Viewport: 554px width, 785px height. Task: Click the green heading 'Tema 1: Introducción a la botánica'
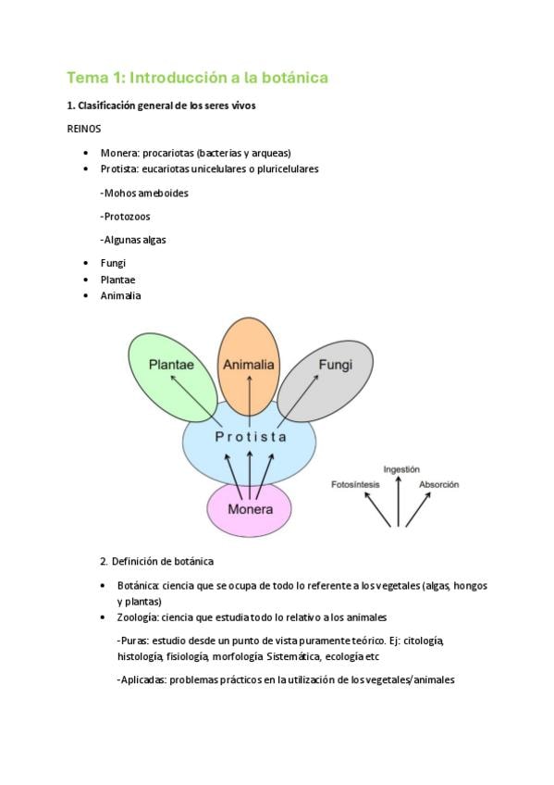[x=198, y=78]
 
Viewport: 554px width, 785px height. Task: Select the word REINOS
[x=84, y=129]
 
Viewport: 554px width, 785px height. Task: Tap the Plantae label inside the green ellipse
[x=171, y=365]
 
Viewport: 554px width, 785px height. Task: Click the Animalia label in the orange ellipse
[x=249, y=365]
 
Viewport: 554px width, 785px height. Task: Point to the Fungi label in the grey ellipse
[x=336, y=365]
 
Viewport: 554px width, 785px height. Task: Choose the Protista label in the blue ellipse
[x=251, y=437]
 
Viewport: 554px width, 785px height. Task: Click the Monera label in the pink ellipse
[x=250, y=509]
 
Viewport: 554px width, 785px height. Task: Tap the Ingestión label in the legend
[x=401, y=469]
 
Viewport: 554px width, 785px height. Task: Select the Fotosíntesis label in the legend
[x=355, y=485]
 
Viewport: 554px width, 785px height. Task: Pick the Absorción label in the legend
[x=439, y=485]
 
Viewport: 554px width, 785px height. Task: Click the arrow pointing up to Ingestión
[x=399, y=502]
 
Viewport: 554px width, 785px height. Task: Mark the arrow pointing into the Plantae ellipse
[x=192, y=398]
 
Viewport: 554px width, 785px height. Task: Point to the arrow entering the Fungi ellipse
[x=298, y=398]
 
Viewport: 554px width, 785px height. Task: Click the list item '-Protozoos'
[x=125, y=217]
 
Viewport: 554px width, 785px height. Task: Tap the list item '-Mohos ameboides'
[x=144, y=193]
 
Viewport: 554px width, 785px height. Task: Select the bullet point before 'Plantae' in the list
[x=87, y=280]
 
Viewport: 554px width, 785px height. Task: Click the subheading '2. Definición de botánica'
[x=157, y=561]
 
